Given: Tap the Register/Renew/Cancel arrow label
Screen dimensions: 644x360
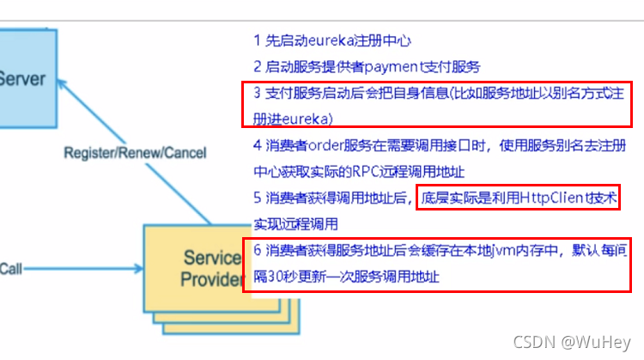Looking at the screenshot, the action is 135,153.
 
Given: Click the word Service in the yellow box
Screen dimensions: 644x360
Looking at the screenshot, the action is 211,257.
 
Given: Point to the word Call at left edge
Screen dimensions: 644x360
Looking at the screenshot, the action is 10,268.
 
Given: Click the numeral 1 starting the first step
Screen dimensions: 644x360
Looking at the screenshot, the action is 257,40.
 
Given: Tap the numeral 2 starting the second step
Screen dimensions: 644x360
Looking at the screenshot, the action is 257,66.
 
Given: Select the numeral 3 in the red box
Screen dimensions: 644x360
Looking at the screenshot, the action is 257,93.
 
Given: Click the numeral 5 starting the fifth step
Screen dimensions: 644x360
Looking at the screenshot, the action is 257,198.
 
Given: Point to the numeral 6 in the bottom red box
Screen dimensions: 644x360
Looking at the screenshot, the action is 257,251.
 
